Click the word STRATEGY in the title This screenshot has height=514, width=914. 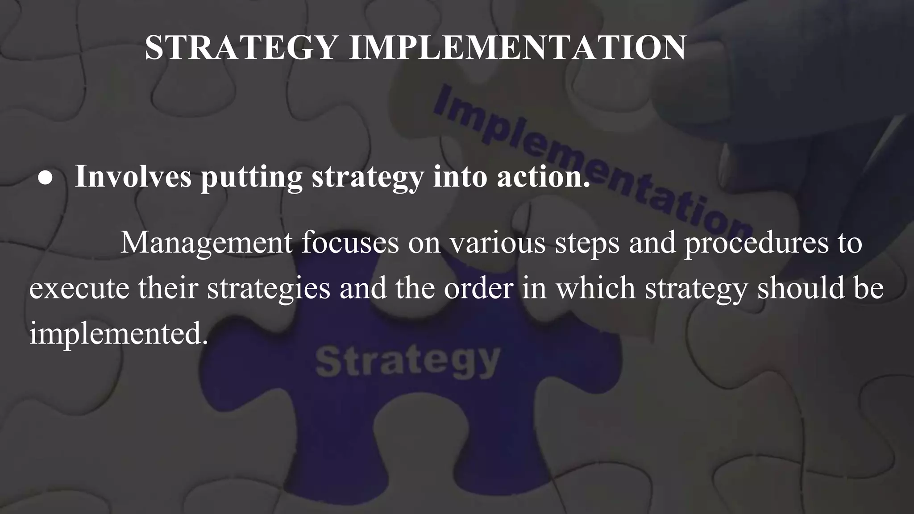point(241,47)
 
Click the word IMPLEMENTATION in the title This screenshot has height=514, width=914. point(517,47)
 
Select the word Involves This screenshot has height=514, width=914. point(133,177)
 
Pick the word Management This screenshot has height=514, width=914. point(207,244)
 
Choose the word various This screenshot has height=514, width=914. point(497,244)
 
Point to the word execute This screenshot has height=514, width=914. point(79,288)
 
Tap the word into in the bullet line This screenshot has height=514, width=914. point(460,177)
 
